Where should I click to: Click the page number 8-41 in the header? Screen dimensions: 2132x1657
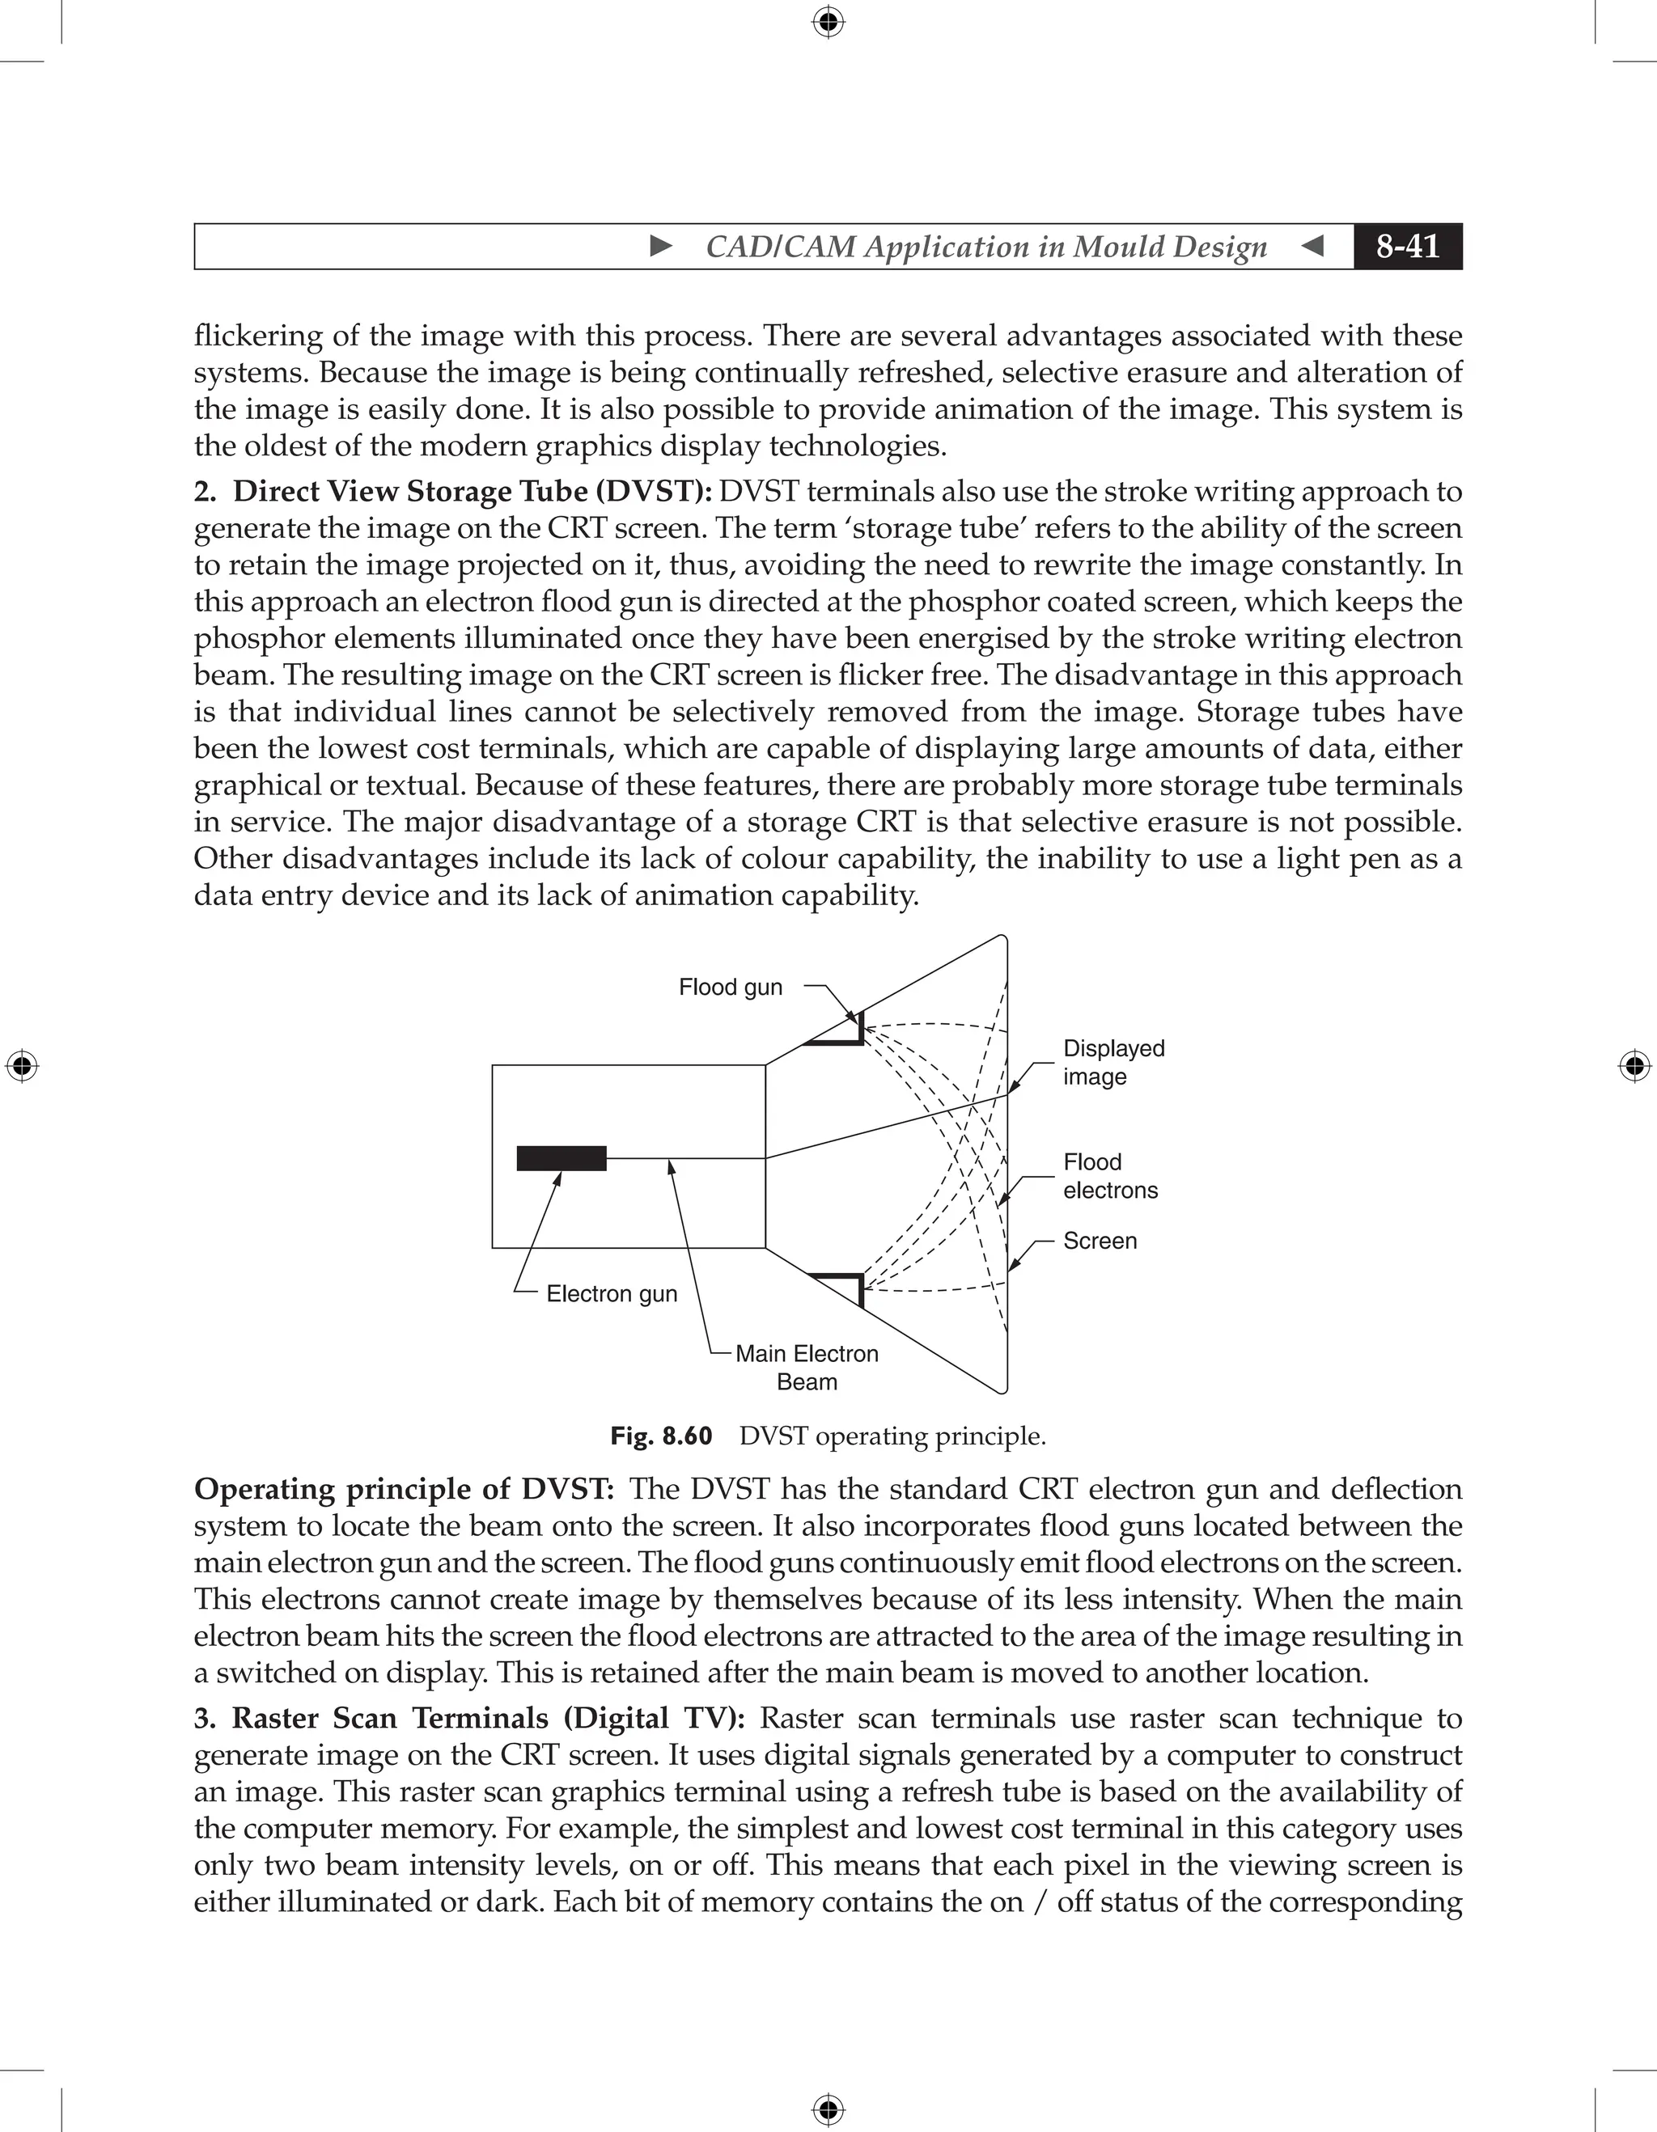pos(1407,246)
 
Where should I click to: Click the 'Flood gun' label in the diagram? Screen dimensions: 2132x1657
pos(731,987)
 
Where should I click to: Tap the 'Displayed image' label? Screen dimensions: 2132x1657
pos(1113,1062)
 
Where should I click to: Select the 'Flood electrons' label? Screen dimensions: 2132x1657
pos(1110,1176)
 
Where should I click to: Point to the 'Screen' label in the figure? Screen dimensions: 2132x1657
pos(1100,1241)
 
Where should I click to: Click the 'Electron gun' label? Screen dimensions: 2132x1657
pos(611,1293)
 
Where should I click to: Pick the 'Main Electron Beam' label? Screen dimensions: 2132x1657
pos(807,1367)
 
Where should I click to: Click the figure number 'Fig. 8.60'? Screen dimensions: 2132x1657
pos(661,1436)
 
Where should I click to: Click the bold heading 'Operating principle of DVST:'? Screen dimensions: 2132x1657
pos(405,1490)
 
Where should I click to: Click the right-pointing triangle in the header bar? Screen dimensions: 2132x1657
pos(661,246)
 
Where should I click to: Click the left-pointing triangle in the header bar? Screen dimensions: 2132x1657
pos(1312,246)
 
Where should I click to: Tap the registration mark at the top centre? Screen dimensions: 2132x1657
pos(828,22)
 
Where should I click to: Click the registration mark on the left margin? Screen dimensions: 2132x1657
pos(22,1066)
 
